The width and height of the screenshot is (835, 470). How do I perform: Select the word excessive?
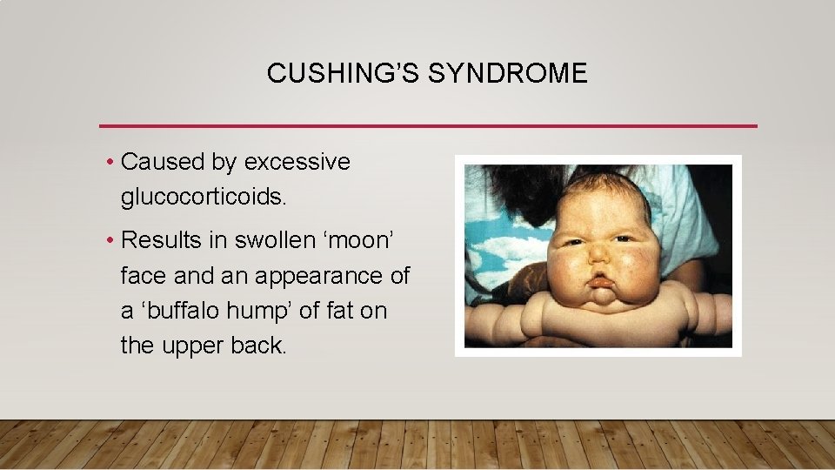coord(297,163)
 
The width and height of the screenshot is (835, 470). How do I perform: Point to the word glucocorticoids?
coord(203,198)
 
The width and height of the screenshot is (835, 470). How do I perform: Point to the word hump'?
coord(283,311)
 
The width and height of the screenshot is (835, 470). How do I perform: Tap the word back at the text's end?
coord(259,346)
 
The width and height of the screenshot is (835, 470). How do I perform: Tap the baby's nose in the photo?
coord(600,255)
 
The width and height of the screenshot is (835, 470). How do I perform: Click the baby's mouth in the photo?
coord(601,281)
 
